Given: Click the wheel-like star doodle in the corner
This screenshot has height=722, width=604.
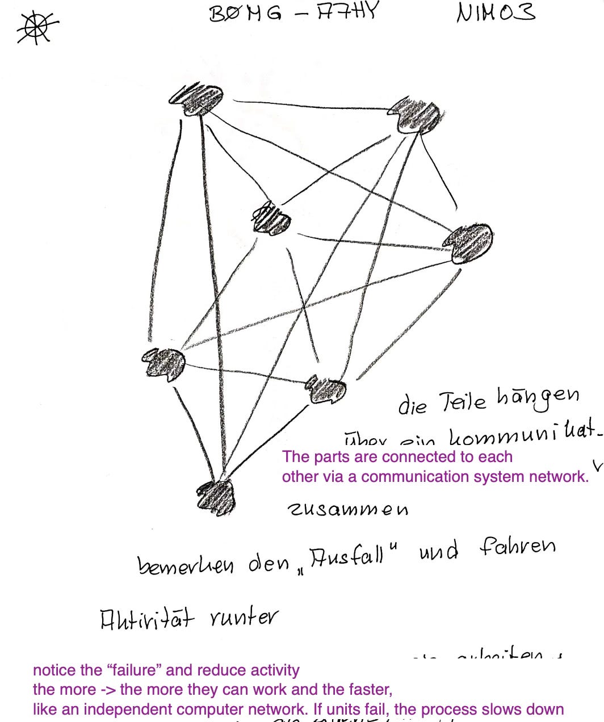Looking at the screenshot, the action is [x=37, y=27].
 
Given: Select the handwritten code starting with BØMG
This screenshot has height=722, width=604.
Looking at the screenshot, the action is [x=292, y=12].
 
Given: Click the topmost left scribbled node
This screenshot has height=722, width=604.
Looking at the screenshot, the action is [x=196, y=99].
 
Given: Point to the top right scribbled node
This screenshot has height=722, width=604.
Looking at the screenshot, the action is [x=417, y=115].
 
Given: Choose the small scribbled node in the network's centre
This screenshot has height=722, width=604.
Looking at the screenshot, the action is [x=272, y=219].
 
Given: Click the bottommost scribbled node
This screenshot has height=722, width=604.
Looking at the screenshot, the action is [x=216, y=498].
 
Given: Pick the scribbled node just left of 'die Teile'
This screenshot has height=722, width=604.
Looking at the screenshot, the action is [x=326, y=390].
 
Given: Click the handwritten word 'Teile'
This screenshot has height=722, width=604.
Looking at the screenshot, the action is [x=463, y=402].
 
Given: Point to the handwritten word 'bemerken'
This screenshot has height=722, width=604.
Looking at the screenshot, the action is [x=185, y=565].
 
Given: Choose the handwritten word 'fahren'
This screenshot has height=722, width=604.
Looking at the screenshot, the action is [x=517, y=547].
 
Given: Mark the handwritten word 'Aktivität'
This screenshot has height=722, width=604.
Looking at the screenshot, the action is [x=147, y=619].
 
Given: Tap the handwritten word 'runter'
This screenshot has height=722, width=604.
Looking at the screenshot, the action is [x=244, y=616].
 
